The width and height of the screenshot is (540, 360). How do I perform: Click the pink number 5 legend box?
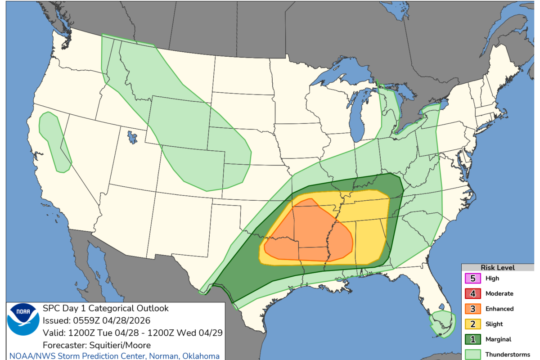tap(472, 279)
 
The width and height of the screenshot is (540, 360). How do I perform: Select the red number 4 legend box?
tap(472, 294)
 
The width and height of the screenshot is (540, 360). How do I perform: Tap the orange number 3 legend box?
tap(472, 309)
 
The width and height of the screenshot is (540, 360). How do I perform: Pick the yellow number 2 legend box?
tap(472, 324)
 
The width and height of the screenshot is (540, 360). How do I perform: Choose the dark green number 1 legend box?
tap(472, 340)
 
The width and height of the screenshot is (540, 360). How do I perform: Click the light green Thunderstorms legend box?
tap(472, 355)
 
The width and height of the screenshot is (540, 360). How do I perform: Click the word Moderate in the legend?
tap(499, 294)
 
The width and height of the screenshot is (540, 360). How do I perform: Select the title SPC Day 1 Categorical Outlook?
tap(106, 308)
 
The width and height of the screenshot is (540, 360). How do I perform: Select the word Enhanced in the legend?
tap(499, 309)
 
